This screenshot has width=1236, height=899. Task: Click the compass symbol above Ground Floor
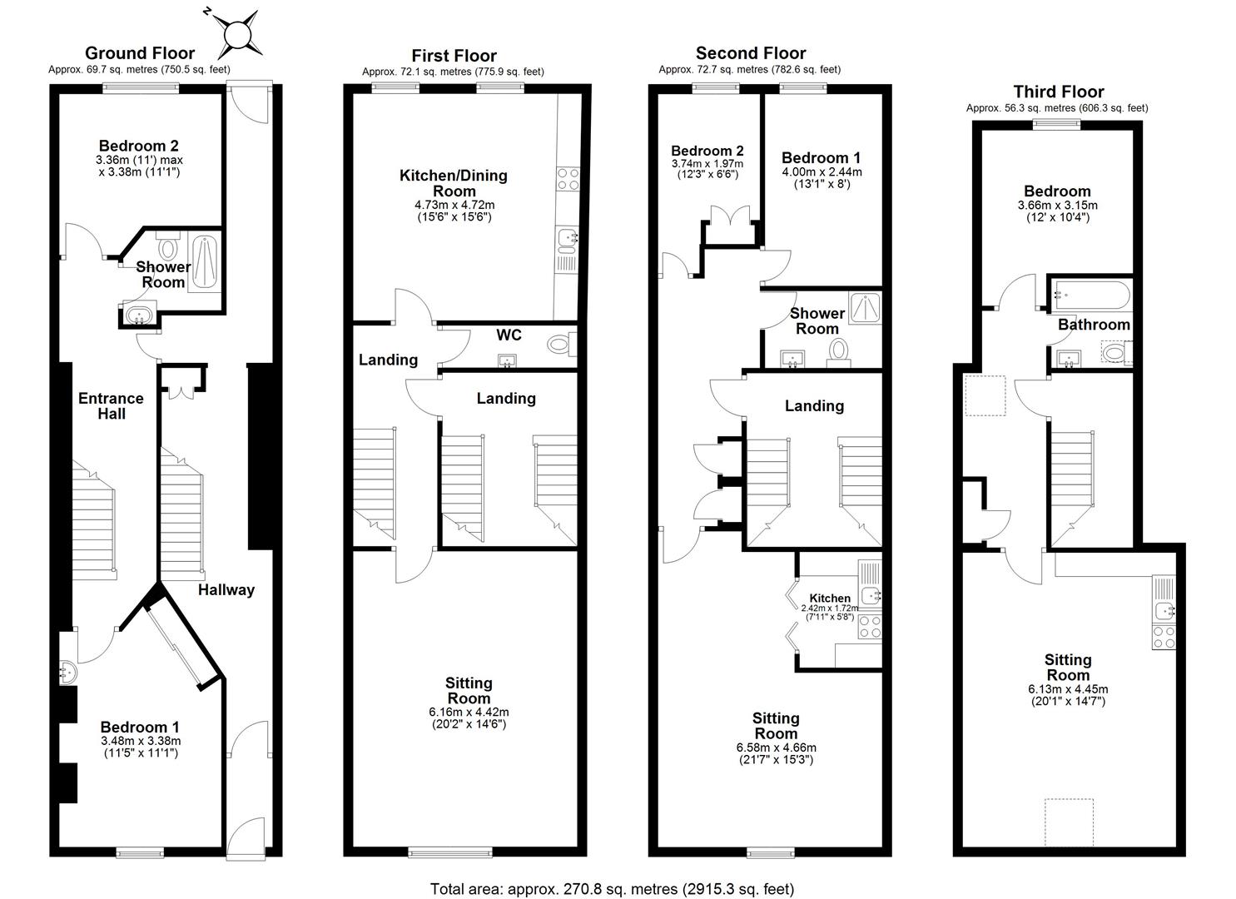point(237,35)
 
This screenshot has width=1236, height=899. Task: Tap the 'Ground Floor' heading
point(140,53)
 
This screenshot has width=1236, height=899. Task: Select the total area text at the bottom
point(612,888)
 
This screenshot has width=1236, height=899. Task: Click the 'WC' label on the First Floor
point(509,335)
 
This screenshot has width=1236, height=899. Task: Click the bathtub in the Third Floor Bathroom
point(1090,293)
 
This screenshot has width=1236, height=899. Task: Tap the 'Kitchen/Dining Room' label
point(453,183)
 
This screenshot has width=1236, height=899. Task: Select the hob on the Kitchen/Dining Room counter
point(568,178)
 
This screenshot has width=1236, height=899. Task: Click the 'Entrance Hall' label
point(111,405)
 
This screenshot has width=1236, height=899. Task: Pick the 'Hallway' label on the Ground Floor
point(226,589)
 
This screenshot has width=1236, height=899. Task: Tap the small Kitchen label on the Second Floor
point(830,598)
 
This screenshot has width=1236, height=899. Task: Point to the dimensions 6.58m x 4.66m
point(776,748)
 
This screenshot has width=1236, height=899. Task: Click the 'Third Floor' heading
point(1058,92)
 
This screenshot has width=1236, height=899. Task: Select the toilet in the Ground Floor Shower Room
point(169,248)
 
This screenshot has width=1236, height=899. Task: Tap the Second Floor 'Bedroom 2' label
point(707,151)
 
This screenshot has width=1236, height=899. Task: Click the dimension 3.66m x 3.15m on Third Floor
point(1057,206)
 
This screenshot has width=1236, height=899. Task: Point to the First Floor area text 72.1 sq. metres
point(453,72)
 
